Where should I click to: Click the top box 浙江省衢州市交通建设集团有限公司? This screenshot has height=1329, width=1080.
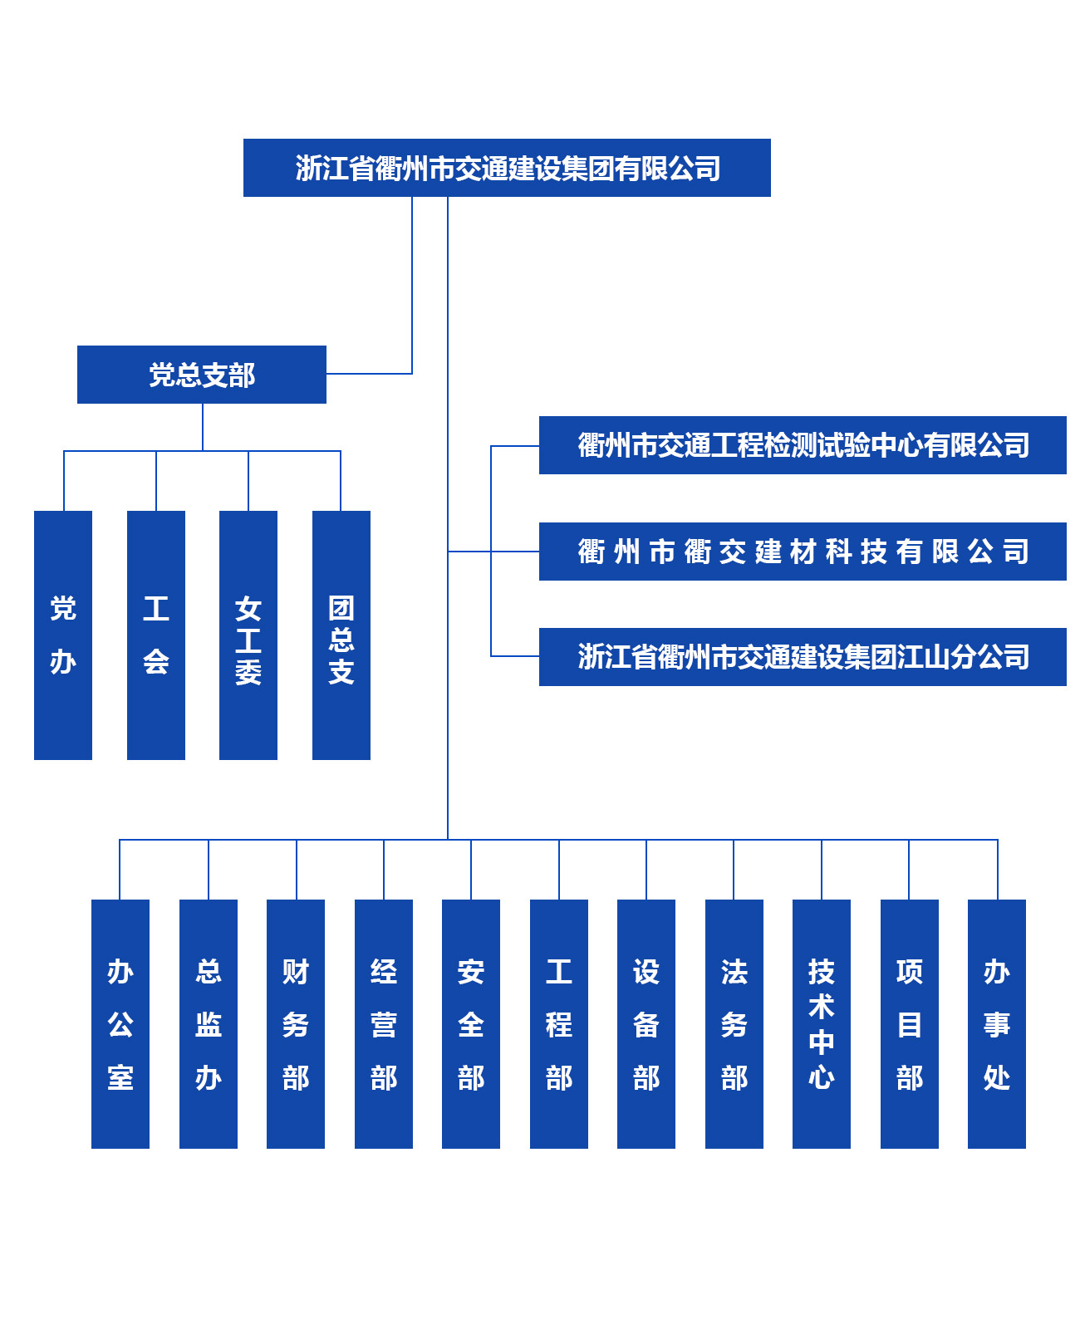coord(507,168)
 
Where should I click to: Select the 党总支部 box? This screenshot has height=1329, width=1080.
coord(202,375)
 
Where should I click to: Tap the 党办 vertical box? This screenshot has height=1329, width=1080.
coord(63,635)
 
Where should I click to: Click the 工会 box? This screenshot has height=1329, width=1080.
coord(156,635)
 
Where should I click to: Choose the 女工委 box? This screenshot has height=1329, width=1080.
coord(248,635)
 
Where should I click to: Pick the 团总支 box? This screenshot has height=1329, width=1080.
coord(341,635)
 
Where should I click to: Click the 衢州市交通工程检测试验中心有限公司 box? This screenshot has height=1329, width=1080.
coord(803,445)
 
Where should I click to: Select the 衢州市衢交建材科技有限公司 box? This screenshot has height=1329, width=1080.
coord(803,552)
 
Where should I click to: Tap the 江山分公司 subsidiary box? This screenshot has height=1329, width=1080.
coord(803,657)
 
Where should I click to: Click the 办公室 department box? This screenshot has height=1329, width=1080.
coord(120,1024)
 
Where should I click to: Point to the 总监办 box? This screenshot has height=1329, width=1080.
coord(209,1024)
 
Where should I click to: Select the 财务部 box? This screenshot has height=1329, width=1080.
coord(296,1024)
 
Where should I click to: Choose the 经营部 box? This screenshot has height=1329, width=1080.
coord(384,1024)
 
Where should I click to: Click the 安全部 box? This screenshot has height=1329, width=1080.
coord(471,1024)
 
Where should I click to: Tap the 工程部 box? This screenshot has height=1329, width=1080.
coord(559,1024)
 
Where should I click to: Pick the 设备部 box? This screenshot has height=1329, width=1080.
coord(646,1024)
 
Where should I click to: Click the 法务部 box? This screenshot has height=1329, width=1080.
coord(734,1024)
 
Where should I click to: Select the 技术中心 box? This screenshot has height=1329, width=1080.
coord(822,1024)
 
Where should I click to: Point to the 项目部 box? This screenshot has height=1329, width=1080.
coord(910,1024)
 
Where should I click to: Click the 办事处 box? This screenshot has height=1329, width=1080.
coord(997,1024)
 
